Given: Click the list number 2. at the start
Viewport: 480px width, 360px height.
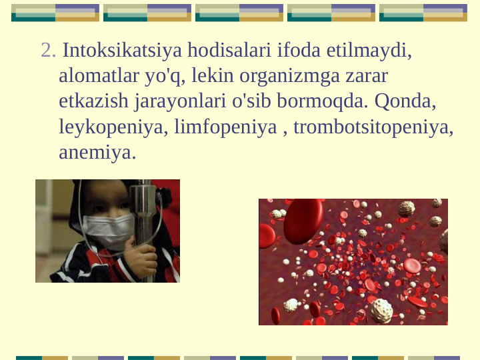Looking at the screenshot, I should [48, 51].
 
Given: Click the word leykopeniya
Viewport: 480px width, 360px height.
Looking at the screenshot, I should [113, 127].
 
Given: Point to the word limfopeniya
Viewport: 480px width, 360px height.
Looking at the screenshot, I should [225, 127].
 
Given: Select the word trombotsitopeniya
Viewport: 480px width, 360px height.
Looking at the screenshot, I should [373, 127].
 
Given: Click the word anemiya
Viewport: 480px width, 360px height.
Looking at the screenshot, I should [97, 152].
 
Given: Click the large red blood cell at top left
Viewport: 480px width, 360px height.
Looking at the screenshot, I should [303, 220].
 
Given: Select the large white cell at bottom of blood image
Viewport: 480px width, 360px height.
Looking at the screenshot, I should [381, 310].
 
